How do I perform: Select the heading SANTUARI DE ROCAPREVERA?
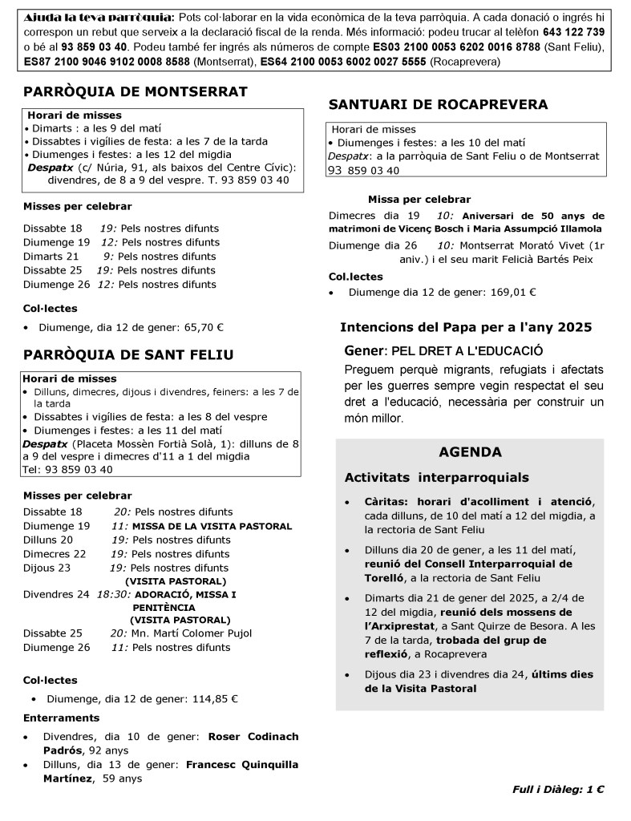[439, 104]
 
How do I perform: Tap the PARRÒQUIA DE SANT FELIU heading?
[128, 354]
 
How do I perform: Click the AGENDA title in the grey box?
[471, 452]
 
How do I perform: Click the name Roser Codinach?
[253, 736]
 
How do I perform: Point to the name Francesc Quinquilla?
[242, 765]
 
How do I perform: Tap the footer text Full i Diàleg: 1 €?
[558, 790]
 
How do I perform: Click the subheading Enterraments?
[62, 718]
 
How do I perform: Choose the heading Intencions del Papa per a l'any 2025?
[466, 327]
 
